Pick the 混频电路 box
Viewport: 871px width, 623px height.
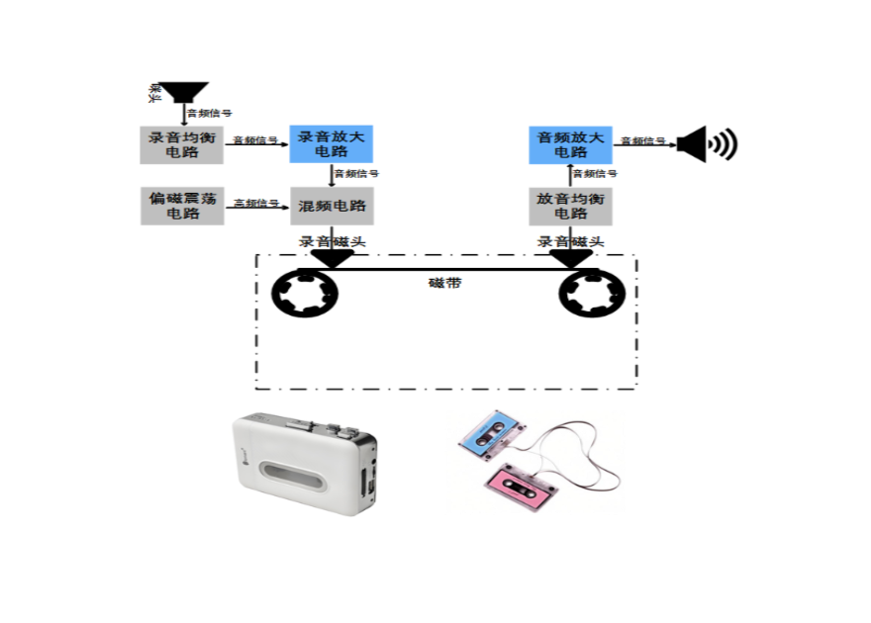click(332, 206)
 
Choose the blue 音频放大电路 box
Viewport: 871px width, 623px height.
click(570, 144)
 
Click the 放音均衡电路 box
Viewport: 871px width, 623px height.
click(570, 206)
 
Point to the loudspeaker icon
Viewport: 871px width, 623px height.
click(707, 144)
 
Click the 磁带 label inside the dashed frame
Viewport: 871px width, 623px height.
click(444, 283)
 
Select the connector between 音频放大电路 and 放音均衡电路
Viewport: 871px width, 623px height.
click(570, 172)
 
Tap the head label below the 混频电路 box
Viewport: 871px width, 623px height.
click(332, 240)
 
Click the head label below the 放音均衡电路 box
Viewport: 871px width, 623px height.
click(570, 240)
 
